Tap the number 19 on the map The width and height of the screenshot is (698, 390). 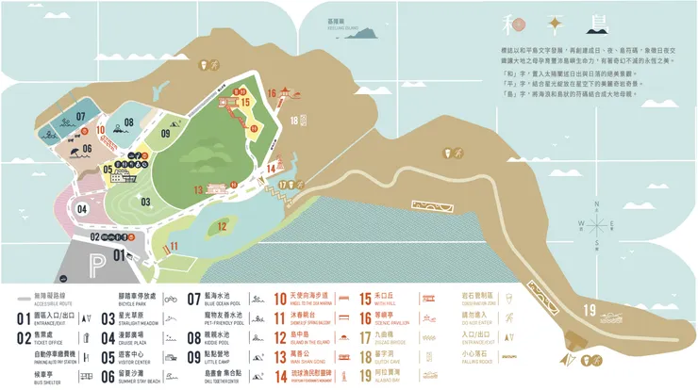coord(590,312)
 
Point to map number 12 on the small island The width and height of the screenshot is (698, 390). coord(222,225)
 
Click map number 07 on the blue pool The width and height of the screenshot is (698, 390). coord(81,117)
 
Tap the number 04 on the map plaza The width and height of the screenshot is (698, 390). coord(82,208)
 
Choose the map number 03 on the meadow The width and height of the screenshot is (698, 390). coord(146,202)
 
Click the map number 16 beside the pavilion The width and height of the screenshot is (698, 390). coord(271,92)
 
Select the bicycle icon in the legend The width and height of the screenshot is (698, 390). coord(170,300)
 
